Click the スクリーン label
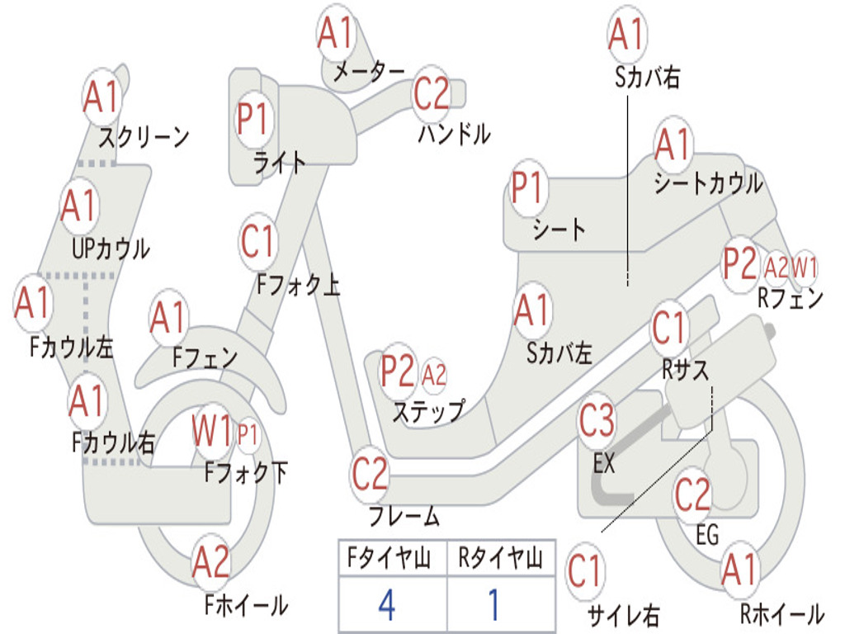pos(144,138)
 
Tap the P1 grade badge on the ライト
pos(254,119)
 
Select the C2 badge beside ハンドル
pos(431,94)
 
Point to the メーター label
pos(369,72)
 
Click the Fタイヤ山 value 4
pos(388,604)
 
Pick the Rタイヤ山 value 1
pos(494,604)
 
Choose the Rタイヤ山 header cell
pos(501,558)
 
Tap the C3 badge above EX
pos(597,421)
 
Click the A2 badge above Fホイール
pos(211,561)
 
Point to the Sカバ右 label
pos(647,77)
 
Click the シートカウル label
pos(709,183)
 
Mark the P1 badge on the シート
pos(527,187)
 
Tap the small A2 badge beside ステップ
pos(434,375)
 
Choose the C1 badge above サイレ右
pos(585,571)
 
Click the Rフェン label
pos(791,297)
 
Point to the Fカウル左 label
pos(71,348)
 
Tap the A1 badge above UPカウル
pos(79,206)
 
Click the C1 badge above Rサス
pos(669,327)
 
